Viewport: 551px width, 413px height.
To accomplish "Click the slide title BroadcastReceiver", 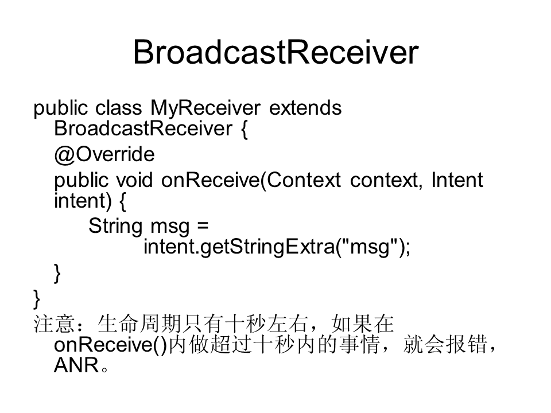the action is (276, 52).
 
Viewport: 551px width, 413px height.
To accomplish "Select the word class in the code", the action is (118, 107).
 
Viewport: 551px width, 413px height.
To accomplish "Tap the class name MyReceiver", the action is (205, 108).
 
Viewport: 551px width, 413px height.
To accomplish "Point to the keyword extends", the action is (305, 107).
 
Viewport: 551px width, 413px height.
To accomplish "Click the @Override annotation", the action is (104, 154).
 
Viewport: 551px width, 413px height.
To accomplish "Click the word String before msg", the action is (115, 226).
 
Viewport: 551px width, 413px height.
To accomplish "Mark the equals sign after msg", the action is (203, 225).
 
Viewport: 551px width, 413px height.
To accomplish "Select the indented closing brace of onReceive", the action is (57, 274).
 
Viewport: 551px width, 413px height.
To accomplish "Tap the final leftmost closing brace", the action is (37, 299).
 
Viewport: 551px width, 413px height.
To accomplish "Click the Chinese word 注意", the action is (54, 324).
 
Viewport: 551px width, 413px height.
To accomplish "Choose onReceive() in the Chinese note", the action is (110, 345).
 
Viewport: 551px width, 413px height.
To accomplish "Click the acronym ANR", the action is (76, 365).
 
